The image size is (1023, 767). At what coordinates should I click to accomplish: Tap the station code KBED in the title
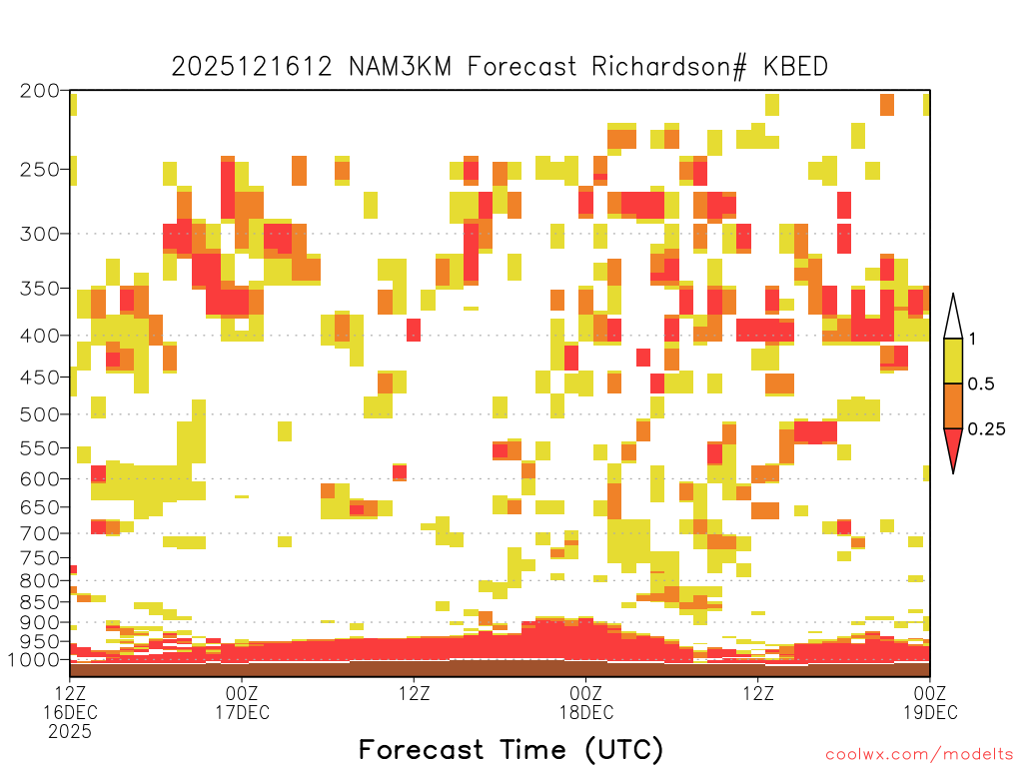[795, 67]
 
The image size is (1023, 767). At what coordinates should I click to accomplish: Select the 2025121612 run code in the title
[252, 67]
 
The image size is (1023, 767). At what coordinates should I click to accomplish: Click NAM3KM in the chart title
[400, 67]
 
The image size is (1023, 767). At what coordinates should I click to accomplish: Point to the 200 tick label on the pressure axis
[39, 91]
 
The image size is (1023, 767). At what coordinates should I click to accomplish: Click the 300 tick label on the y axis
[39, 234]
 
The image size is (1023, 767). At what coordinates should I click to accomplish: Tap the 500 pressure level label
[39, 414]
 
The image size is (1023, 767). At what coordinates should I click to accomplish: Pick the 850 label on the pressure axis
[39, 602]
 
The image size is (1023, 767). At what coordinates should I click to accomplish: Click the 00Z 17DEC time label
[242, 702]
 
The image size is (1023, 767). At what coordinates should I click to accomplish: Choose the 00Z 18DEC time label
[585, 702]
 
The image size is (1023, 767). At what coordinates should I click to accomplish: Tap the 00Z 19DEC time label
[930, 702]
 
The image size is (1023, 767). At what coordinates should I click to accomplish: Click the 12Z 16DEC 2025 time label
[70, 712]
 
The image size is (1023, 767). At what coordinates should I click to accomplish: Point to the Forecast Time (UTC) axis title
[511, 750]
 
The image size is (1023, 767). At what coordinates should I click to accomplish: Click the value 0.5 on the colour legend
[981, 383]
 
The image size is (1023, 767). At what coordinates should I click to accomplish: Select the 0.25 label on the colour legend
[986, 428]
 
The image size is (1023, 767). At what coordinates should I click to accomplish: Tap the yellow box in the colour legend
[953, 361]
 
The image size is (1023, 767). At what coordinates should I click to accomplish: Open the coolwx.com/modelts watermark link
[919, 755]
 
